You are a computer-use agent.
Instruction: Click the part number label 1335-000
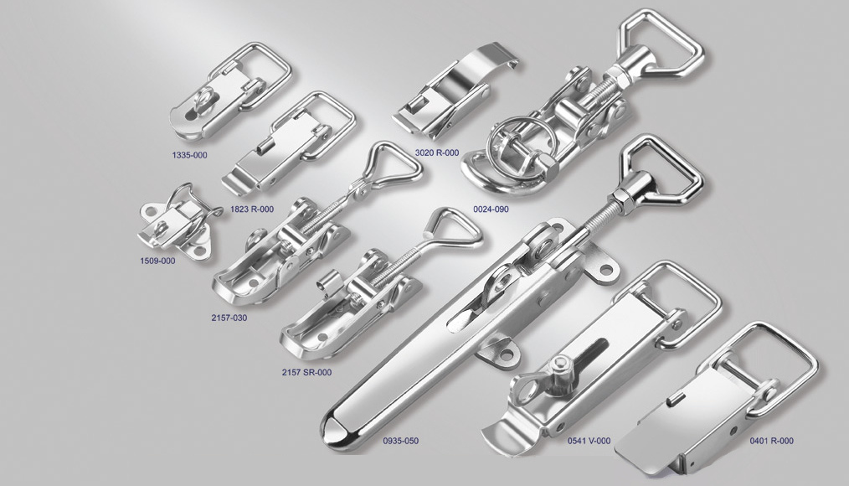point(189,155)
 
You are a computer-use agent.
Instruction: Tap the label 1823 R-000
point(252,209)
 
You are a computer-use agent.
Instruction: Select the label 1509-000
point(157,261)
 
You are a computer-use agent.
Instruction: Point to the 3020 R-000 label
point(437,153)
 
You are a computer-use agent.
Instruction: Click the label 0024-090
point(491,209)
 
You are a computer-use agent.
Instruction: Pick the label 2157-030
point(229,318)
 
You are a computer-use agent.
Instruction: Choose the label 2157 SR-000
point(306,372)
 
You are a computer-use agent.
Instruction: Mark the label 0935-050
point(401,441)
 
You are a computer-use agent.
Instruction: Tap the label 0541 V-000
point(589,441)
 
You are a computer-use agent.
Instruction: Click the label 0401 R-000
point(772,441)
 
